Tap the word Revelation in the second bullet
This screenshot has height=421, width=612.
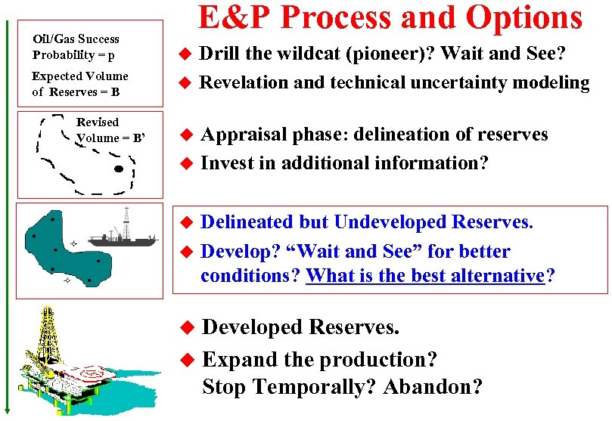[244, 83]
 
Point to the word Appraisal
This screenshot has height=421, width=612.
[246, 135]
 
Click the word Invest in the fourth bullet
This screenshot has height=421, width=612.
[225, 163]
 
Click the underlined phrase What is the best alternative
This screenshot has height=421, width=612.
[424, 276]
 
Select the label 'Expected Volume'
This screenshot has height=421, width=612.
[79, 76]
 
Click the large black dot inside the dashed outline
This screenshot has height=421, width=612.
[117, 169]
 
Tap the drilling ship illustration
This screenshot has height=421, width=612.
[123, 235]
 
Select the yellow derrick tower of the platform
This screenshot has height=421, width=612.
[48, 333]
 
